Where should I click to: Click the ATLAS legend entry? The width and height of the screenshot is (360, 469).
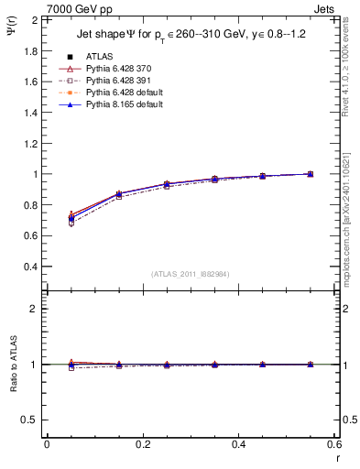tap(100, 56)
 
